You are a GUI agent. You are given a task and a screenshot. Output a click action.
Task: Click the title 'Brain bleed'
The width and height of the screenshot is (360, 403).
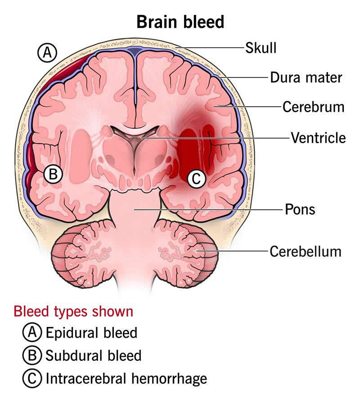(180, 21)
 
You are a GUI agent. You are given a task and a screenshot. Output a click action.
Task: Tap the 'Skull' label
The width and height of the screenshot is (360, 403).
(261, 47)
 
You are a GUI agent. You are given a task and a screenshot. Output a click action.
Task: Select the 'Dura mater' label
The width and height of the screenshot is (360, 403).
(306, 77)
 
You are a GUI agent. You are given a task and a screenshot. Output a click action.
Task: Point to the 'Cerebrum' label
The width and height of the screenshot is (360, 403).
(313, 107)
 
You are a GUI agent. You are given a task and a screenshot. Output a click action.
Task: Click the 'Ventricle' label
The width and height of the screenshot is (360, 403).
(318, 137)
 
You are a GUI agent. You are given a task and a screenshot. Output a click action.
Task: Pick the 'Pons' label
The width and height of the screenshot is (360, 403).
(300, 209)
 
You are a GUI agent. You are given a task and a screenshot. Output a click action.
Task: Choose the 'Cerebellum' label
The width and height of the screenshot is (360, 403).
(305, 251)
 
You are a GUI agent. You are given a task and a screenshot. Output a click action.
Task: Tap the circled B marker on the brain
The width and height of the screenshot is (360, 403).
(53, 174)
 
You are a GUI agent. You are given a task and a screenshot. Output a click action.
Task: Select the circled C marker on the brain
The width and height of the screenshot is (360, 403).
(196, 179)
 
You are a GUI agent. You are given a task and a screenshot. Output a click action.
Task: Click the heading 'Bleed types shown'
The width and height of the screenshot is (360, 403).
(73, 312)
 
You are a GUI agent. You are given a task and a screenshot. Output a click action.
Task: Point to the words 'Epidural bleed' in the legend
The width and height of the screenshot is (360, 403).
(91, 333)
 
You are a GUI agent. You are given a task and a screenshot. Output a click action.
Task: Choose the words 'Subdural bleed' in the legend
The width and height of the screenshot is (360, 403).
(93, 356)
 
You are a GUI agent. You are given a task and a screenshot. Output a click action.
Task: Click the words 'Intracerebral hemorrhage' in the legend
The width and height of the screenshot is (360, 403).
(126, 378)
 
